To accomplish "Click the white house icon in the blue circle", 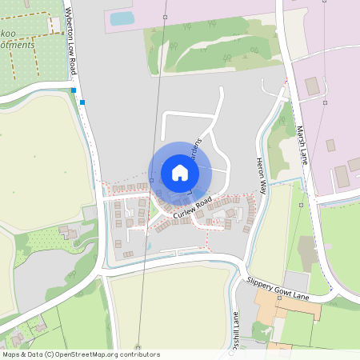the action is (179, 173).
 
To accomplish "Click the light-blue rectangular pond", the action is (122, 18).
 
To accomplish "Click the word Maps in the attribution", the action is (12, 354).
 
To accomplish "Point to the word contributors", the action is (142, 354).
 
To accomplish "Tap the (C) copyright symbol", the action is (50, 354).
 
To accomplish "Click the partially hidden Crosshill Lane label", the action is (236, 328).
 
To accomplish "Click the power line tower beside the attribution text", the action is (138, 347).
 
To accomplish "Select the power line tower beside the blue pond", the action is (164, 16).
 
